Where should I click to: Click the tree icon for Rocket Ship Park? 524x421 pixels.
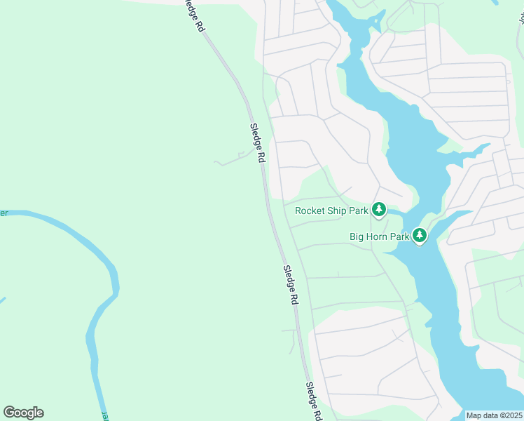(379, 209)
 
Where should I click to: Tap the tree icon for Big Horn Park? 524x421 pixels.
(419, 236)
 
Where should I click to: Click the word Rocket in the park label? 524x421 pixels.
(311, 210)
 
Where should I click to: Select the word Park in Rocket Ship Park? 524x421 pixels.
(360, 210)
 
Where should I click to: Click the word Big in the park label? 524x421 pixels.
(357, 237)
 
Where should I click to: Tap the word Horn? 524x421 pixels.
(378, 237)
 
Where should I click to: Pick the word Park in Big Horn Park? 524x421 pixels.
(400, 237)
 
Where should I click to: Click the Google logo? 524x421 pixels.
(23, 413)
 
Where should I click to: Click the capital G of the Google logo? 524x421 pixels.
(9, 413)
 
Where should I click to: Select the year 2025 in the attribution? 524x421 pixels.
(513, 415)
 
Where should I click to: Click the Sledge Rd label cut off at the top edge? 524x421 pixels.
(193, 14)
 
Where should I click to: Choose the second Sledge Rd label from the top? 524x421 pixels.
(257, 143)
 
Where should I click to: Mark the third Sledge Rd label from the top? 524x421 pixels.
(290, 284)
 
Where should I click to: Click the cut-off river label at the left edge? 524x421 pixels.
(4, 213)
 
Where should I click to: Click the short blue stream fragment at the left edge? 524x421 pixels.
(2, 300)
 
